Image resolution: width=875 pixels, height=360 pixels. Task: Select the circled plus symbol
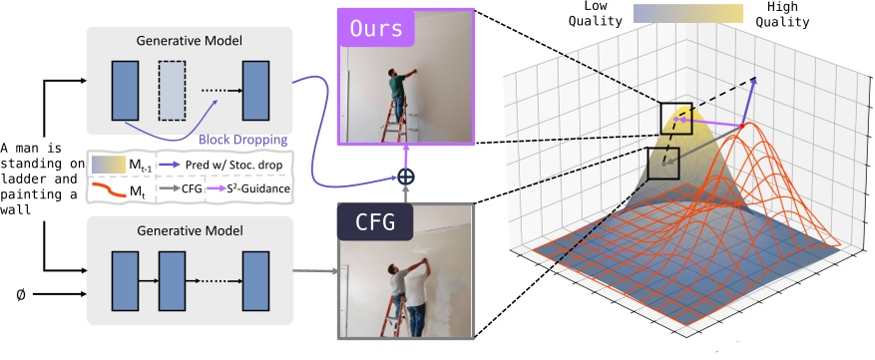405,177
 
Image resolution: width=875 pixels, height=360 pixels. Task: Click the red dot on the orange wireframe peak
742,128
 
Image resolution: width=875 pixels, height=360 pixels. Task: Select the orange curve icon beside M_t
107,187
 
